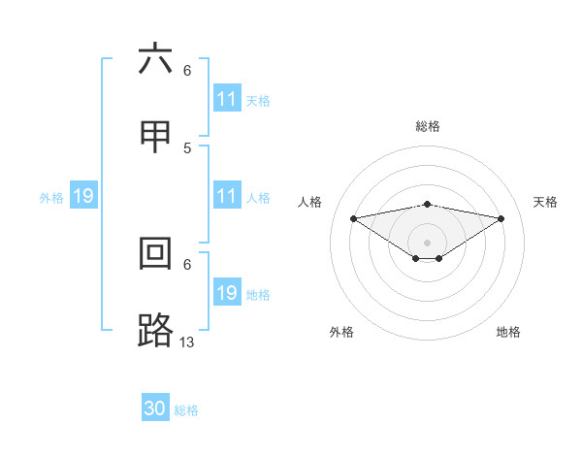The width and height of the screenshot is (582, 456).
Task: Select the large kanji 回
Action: pyautogui.click(x=155, y=254)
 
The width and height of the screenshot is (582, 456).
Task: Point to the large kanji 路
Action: pyautogui.click(x=155, y=330)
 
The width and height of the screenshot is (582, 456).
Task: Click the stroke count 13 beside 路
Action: pyautogui.click(x=187, y=342)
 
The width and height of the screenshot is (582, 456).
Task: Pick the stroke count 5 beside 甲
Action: pyautogui.click(x=187, y=147)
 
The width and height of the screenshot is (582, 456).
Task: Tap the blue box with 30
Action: pyautogui.click(x=155, y=408)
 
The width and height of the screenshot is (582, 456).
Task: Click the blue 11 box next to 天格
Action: pyautogui.click(x=227, y=99)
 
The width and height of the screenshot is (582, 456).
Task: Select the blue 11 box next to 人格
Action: pyautogui.click(x=227, y=196)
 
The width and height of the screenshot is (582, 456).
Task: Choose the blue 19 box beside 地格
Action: pyautogui.click(x=227, y=293)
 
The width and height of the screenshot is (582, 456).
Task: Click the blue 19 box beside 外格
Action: pyautogui.click(x=83, y=196)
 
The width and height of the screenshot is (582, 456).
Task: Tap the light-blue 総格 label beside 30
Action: pyautogui.click(x=186, y=410)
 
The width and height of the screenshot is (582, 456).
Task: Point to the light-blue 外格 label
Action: pyautogui.click(x=51, y=197)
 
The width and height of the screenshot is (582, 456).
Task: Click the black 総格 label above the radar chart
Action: pyautogui.click(x=428, y=126)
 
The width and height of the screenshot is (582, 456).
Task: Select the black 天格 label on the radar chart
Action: pyautogui.click(x=546, y=202)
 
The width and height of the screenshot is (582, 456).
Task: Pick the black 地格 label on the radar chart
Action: pyautogui.click(x=508, y=332)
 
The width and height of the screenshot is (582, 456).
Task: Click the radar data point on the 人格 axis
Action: pyautogui.click(x=353, y=217)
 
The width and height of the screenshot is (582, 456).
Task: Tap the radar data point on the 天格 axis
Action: pyautogui.click(x=501, y=217)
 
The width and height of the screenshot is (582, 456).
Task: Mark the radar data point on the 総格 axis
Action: pyautogui.click(x=428, y=204)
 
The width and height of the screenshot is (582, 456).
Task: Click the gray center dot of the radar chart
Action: pyautogui.click(x=428, y=242)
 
